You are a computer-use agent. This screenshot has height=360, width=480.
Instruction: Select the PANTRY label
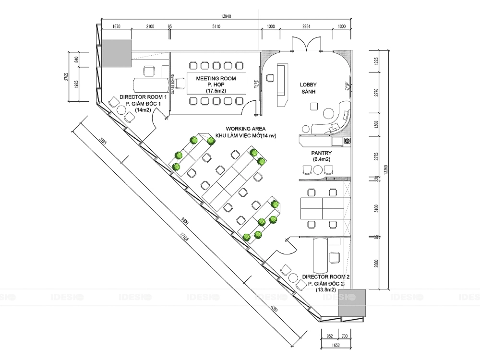(322, 153)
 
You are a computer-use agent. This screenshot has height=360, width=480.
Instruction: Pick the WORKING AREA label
(246, 129)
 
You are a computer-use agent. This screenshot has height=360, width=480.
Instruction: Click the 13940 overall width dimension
(226, 16)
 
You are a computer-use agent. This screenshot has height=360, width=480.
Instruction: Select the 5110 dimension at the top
(216, 27)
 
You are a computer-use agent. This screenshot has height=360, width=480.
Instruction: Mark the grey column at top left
(116, 53)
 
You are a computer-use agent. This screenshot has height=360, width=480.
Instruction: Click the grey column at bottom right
(352, 303)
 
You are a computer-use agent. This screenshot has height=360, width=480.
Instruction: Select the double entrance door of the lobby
(307, 44)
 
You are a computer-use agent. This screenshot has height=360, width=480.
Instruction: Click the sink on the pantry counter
(337, 141)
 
